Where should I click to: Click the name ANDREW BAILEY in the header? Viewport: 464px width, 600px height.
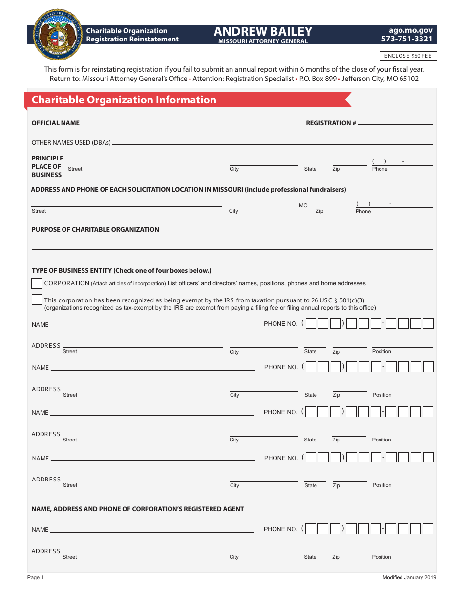(263, 32)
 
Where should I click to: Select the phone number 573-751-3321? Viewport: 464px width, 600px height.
(407, 39)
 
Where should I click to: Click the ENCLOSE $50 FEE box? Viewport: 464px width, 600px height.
(408, 56)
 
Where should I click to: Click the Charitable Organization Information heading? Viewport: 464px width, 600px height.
(124, 100)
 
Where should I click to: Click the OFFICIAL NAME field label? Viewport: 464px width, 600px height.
(55, 123)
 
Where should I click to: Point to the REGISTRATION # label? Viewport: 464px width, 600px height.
(331, 123)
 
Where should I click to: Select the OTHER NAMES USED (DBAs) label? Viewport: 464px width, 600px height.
(71, 143)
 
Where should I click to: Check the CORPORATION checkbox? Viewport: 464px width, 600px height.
(37, 283)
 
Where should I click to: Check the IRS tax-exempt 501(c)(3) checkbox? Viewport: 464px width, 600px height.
(37, 300)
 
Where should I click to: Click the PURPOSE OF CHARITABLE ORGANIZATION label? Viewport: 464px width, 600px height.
(95, 230)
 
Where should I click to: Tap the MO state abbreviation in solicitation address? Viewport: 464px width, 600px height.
(303, 205)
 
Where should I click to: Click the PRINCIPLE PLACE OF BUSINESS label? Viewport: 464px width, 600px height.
(47, 166)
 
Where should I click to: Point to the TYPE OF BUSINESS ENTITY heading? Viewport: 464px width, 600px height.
(121, 271)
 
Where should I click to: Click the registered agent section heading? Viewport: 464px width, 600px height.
(138, 509)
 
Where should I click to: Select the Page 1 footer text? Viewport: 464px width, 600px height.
(36, 578)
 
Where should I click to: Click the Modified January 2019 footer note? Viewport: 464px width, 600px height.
(409, 578)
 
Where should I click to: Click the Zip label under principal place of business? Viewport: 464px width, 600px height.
(336, 169)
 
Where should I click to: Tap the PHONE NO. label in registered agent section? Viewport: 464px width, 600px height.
(280, 529)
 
